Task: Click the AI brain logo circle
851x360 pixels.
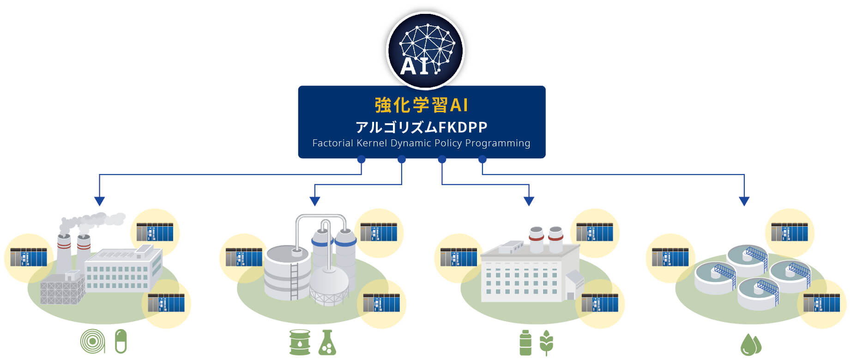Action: (x=425, y=50)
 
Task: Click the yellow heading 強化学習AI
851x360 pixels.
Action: (x=421, y=105)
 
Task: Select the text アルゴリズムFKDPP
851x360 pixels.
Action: (x=421, y=127)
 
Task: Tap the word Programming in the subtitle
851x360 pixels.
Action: (x=497, y=143)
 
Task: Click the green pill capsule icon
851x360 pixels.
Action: (x=121, y=341)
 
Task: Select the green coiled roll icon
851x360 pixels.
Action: (x=92, y=341)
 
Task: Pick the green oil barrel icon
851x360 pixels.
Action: (x=300, y=342)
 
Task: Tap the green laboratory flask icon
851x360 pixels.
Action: (x=327, y=342)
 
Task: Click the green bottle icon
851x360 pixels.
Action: (x=525, y=343)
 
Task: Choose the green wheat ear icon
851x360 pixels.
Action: (x=546, y=342)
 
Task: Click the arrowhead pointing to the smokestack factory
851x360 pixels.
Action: (x=99, y=201)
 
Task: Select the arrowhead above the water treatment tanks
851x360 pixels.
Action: (x=744, y=201)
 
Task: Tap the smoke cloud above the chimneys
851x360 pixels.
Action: (x=92, y=221)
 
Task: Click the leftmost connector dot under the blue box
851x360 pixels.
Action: (x=361, y=160)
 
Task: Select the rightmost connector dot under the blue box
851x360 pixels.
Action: (x=482, y=160)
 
